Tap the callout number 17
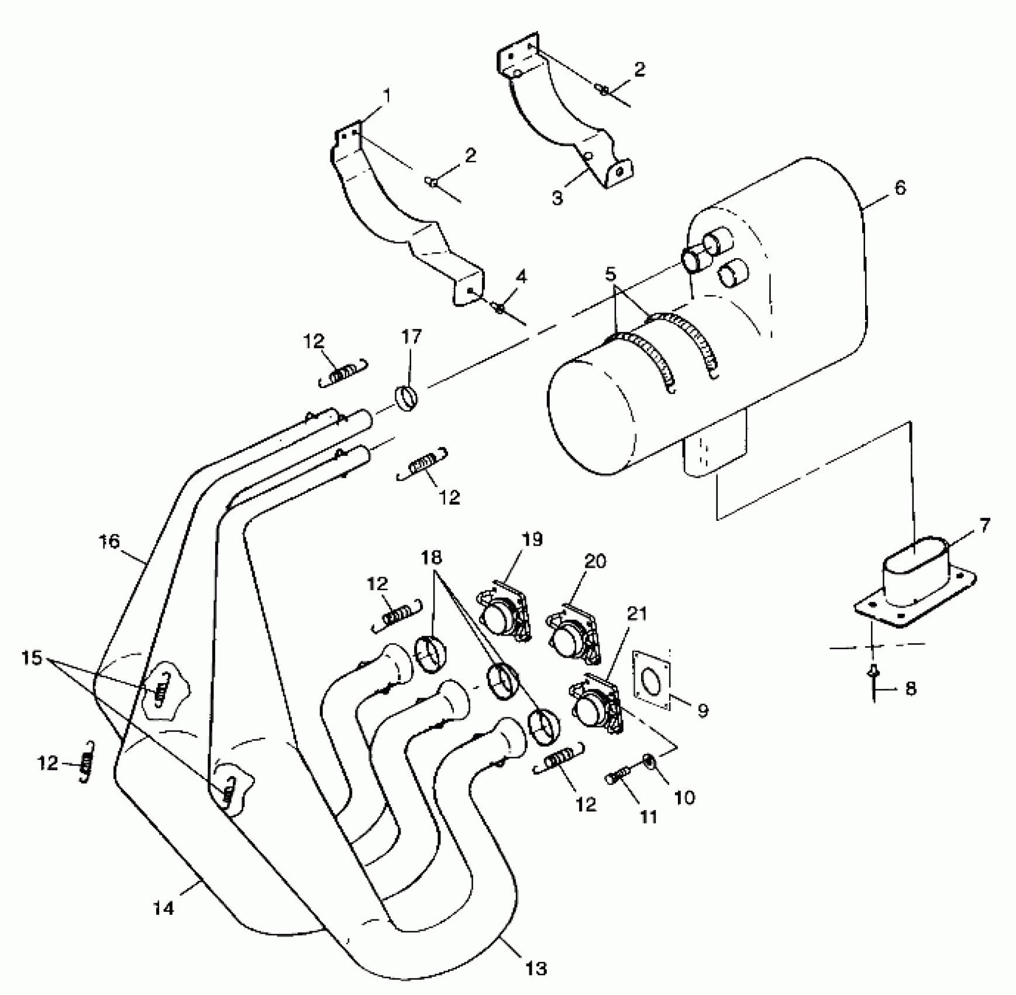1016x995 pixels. pyautogui.click(x=411, y=337)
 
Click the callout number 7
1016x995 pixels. pyautogui.click(x=985, y=526)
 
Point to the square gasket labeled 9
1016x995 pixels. pyautogui.click(x=651, y=680)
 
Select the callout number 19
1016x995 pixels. pyautogui.click(x=533, y=538)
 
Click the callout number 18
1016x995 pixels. pyautogui.click(x=432, y=557)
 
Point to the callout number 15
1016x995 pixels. pyautogui.click(x=32, y=658)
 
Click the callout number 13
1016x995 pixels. pyautogui.click(x=536, y=968)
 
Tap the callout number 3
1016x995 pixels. pyautogui.click(x=557, y=198)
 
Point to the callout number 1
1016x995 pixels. pyautogui.click(x=387, y=95)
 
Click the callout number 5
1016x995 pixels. pyautogui.click(x=611, y=273)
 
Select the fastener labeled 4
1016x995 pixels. pyautogui.click(x=501, y=307)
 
